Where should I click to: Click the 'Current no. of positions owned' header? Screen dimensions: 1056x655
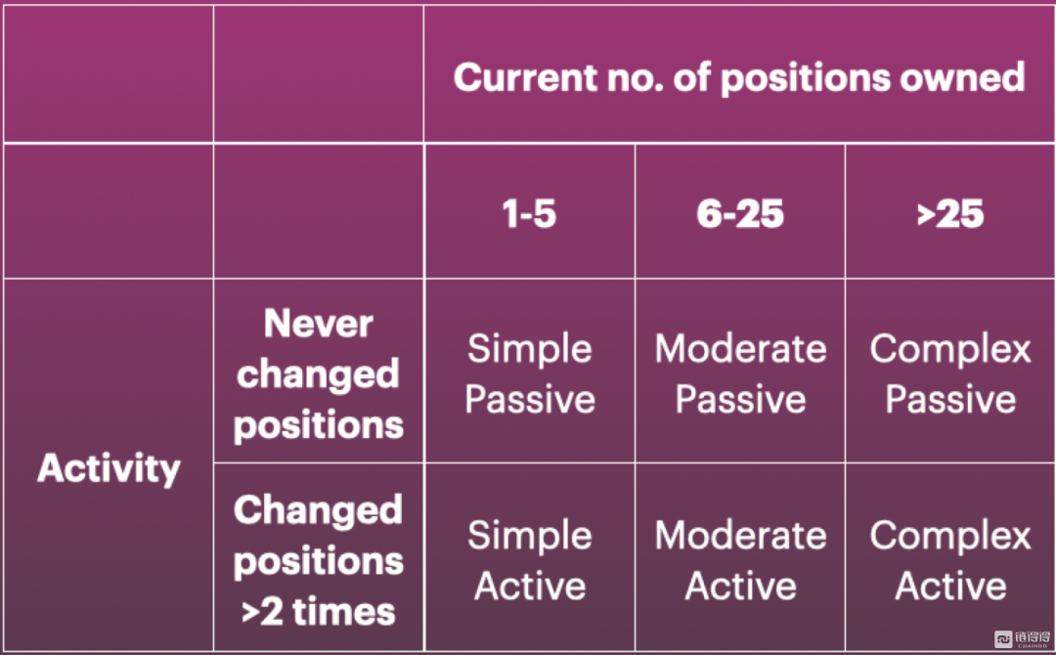[x=739, y=77]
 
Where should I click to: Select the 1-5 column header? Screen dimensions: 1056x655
[x=529, y=214]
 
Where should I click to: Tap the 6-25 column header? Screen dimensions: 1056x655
[x=740, y=214]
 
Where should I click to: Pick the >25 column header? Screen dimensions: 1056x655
[x=950, y=214]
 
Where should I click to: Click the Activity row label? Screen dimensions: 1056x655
[x=110, y=468]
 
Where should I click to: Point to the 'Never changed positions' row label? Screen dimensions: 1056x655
[x=319, y=374]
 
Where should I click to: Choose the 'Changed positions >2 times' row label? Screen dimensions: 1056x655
[x=319, y=560]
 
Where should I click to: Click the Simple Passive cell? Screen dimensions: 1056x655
[x=530, y=373]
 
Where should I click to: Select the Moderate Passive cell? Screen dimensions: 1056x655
[x=741, y=373]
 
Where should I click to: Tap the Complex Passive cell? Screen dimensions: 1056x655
[x=950, y=373]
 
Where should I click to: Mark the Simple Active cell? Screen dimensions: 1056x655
[x=530, y=560]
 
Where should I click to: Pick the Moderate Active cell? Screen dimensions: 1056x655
[x=741, y=560]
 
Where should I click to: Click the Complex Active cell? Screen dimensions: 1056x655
[x=950, y=560]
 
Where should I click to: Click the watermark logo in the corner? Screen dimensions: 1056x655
[x=1023, y=638]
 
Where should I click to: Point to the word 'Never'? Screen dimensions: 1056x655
[x=319, y=324]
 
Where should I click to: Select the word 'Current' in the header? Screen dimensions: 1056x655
[x=525, y=77]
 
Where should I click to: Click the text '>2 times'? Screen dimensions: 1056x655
[x=319, y=612]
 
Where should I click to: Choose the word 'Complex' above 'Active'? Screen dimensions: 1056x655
[x=950, y=537]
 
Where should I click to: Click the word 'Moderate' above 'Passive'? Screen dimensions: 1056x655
[x=741, y=349]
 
